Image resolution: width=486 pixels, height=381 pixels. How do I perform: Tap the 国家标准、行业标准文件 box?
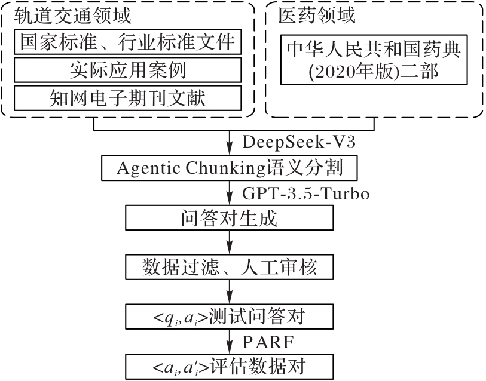(x=127, y=42)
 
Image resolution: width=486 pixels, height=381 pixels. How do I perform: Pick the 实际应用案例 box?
(x=127, y=70)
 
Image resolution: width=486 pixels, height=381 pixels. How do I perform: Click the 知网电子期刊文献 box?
(x=127, y=97)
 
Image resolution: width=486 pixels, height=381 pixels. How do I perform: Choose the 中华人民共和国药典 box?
(x=374, y=48)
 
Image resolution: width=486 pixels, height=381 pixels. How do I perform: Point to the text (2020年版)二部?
(x=374, y=72)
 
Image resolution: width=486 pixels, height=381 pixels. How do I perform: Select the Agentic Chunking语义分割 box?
(x=230, y=168)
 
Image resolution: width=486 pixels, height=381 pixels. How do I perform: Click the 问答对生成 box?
(x=230, y=217)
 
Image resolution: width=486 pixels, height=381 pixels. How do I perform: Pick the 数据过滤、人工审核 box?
(x=230, y=266)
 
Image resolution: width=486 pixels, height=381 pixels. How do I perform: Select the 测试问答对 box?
(x=230, y=315)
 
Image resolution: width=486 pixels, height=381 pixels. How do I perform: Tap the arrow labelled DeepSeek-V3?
(x=230, y=144)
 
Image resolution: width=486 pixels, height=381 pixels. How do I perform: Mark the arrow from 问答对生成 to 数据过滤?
(x=230, y=242)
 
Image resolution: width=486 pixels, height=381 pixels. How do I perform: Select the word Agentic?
(x=146, y=168)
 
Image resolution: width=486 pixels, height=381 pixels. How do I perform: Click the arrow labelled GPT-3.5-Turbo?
(x=230, y=193)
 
